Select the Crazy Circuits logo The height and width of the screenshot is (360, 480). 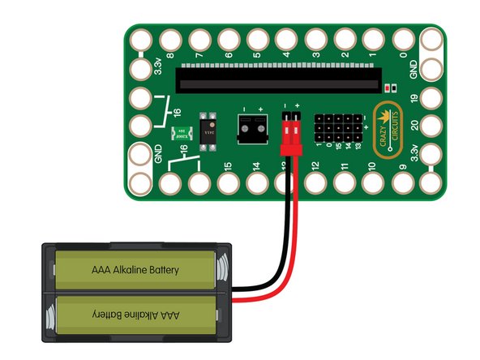(389, 126)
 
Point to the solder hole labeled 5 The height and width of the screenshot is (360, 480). (256, 39)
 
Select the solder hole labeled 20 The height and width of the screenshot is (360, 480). (429, 126)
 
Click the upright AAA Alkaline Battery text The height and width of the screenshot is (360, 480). (135, 268)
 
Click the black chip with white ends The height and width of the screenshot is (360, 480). (208, 128)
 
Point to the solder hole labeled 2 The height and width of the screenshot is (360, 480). (344, 39)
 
